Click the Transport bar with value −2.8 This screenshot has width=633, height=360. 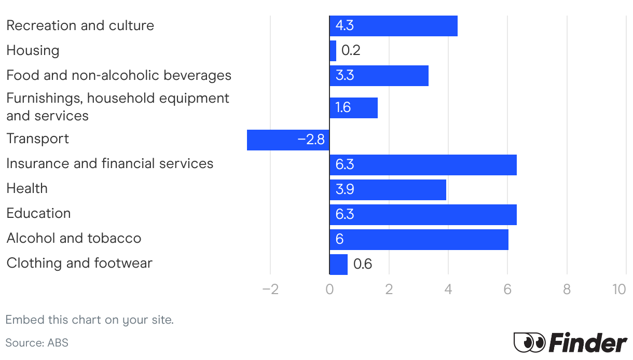click(x=288, y=140)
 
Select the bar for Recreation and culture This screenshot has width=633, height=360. click(x=393, y=26)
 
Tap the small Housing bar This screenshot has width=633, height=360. click(x=333, y=51)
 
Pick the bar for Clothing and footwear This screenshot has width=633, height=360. click(x=338, y=264)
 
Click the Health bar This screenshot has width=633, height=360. click(x=388, y=189)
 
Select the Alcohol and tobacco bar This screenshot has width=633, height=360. click(x=419, y=239)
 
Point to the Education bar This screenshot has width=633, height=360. click(x=423, y=214)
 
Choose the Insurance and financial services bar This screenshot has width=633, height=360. click(x=423, y=164)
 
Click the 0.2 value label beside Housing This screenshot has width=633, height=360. click(x=351, y=51)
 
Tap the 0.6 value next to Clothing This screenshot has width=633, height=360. click(x=363, y=264)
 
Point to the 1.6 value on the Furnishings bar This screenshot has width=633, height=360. click(x=343, y=107)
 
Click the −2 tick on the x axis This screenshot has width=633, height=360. click(x=270, y=289)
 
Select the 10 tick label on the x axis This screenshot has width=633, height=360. click(x=619, y=289)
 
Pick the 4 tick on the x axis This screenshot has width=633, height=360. click(x=448, y=289)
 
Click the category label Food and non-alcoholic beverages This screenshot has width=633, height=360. click(x=119, y=75)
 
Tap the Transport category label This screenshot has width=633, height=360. click(x=37, y=139)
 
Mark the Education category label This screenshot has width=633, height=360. click(x=38, y=213)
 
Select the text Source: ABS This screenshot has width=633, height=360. click(x=37, y=343)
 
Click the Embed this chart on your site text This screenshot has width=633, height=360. click(x=89, y=320)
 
